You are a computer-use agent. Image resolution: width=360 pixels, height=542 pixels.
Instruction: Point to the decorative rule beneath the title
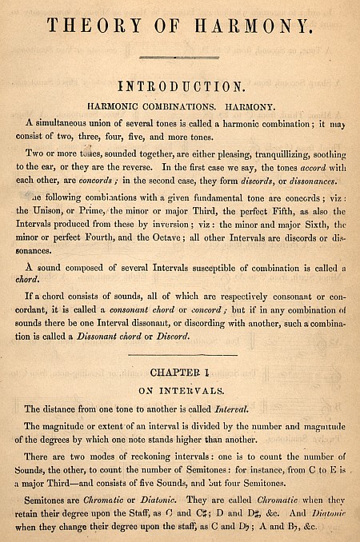click(x=179, y=57)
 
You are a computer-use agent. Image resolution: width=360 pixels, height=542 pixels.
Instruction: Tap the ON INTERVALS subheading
click(x=181, y=391)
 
